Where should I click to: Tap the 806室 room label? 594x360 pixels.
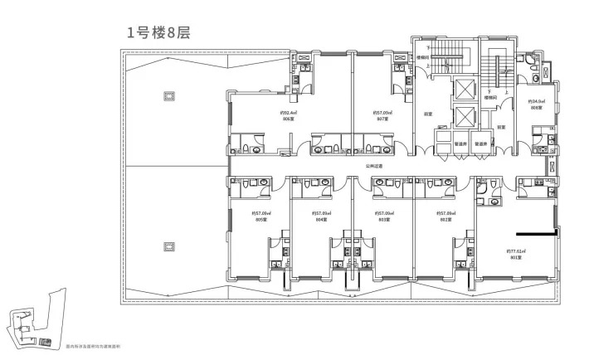288,119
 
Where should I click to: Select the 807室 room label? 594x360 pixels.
382,119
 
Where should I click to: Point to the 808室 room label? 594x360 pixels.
535,109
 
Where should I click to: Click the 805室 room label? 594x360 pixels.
259,220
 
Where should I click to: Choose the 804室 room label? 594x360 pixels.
321,220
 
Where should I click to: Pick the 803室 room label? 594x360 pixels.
382,220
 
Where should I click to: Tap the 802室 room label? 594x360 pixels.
445,220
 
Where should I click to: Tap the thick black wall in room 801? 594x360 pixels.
535,233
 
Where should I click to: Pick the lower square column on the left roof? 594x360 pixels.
169,246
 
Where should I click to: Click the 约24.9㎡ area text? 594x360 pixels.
535,102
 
